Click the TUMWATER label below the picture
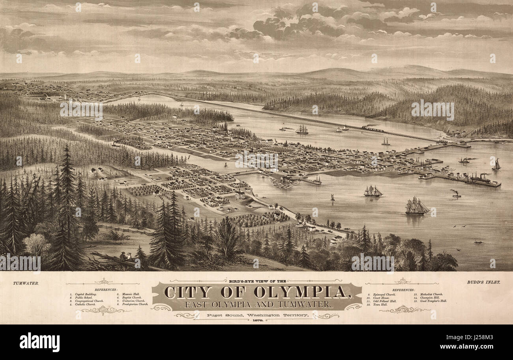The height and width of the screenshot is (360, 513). pyautogui.click(x=26, y=283)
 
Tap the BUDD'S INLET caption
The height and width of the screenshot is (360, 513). pyautogui.click(x=483, y=282)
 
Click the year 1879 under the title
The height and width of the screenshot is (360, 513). pyautogui.click(x=256, y=321)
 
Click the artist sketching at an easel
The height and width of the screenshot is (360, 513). pyautogui.click(x=123, y=256)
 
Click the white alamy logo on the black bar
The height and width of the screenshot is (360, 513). pyautogui.click(x=39, y=342)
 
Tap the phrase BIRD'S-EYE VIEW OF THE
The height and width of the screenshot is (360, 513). pyautogui.click(x=256, y=281)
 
